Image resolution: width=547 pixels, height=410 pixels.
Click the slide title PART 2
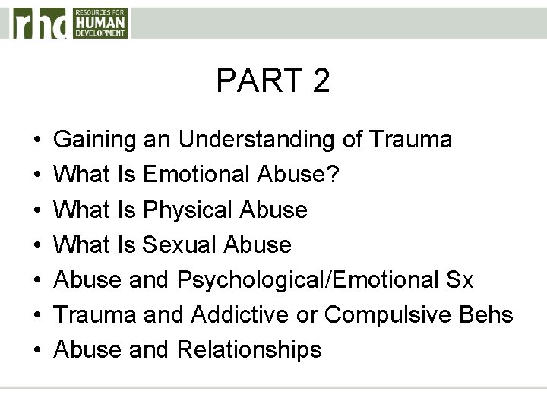(x=273, y=80)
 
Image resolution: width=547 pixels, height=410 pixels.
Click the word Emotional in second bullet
(x=194, y=175)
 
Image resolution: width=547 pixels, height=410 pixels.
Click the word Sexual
(x=178, y=244)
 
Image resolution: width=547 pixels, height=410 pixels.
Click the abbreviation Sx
(x=459, y=280)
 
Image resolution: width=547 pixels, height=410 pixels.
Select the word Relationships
(x=249, y=350)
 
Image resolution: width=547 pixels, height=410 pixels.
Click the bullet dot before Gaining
(x=37, y=141)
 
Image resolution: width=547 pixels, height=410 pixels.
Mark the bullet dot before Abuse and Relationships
(x=37, y=351)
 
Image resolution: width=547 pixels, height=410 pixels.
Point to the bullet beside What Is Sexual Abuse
(x=37, y=246)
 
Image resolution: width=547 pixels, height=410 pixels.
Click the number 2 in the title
(x=320, y=80)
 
